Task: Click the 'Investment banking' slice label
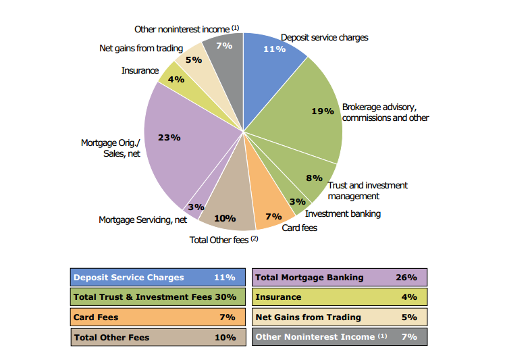pyautogui.click(x=342, y=214)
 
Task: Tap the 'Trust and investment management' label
pyautogui.click(x=367, y=190)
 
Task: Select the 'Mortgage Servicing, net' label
pyautogui.click(x=142, y=220)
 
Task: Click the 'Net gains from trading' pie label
pyautogui.click(x=140, y=49)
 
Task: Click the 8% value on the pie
pyautogui.click(x=314, y=178)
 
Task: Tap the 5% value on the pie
pyautogui.click(x=194, y=60)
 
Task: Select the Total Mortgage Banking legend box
pyautogui.click(x=340, y=278)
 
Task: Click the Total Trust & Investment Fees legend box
pyautogui.click(x=157, y=297)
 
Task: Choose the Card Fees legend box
pyautogui.click(x=157, y=317)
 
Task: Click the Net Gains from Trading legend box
pyautogui.click(x=340, y=317)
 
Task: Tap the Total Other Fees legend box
pyautogui.click(x=157, y=337)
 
